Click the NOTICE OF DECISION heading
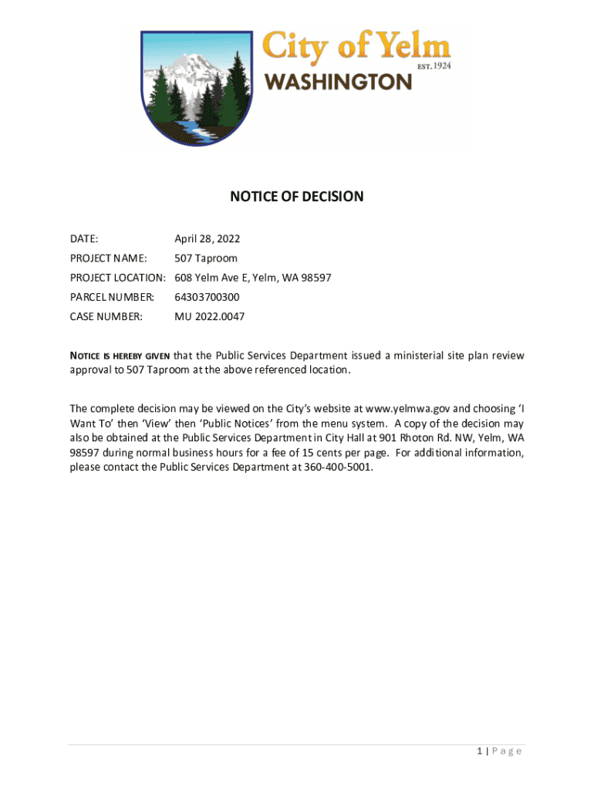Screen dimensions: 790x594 [x=296, y=197]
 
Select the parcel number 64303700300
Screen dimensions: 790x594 [x=207, y=297]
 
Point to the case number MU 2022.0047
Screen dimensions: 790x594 [x=210, y=316]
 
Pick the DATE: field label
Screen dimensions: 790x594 [x=84, y=239]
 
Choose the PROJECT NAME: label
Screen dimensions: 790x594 [x=108, y=258]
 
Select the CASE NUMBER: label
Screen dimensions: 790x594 [x=106, y=316]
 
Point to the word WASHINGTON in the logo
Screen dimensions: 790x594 [x=339, y=82]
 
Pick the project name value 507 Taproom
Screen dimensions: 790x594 [x=206, y=258]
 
